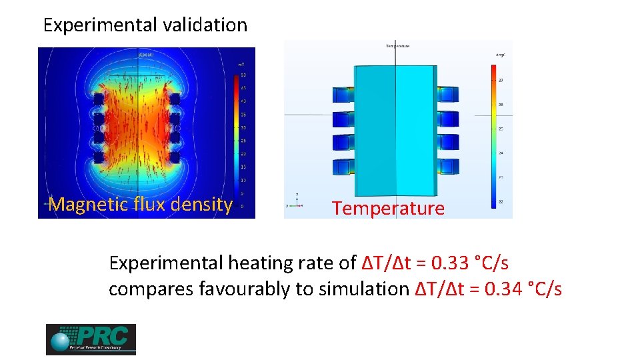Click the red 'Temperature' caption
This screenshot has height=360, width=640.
tap(388, 209)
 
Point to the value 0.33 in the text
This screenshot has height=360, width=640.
tap(450, 263)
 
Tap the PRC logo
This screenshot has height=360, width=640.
tap(91, 339)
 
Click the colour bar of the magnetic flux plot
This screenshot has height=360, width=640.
tap(236, 141)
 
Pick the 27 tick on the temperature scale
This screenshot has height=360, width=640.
tap(501, 79)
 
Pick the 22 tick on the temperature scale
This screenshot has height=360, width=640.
tap(501, 202)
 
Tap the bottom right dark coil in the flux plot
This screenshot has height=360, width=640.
tap(175, 157)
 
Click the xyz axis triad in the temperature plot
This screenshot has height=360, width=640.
tap(297, 200)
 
